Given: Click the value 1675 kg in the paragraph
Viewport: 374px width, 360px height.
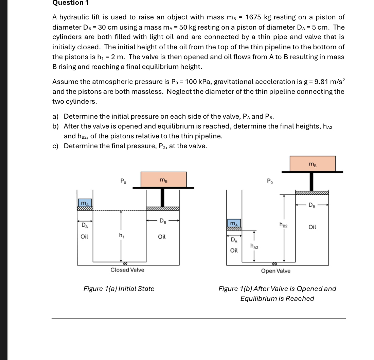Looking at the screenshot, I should click(258, 17).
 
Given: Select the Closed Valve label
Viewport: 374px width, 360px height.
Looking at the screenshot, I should click(127, 270).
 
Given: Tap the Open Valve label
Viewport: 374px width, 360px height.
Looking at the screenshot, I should click(275, 271).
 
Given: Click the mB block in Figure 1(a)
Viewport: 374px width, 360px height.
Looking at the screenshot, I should click(163, 179).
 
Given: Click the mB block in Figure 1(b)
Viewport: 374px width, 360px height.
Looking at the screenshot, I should click(312, 164).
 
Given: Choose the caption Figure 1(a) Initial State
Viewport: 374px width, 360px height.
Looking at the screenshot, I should click(119, 289).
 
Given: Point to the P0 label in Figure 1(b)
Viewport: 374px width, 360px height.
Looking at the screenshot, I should click(270, 181).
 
